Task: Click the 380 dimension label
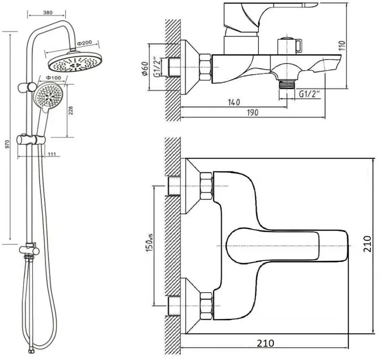pyautogui.click(x=47, y=12)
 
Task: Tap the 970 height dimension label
pyautogui.click(x=8, y=144)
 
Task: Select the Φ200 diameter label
pyautogui.click(x=84, y=43)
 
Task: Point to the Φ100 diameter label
pyautogui.click(x=53, y=78)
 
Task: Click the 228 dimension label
pyautogui.click(x=71, y=110)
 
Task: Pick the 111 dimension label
pyautogui.click(x=52, y=154)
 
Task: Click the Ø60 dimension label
pyautogui.click(x=145, y=68)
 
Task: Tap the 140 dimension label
pyautogui.click(x=234, y=102)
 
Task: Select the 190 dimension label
pyautogui.click(x=253, y=112)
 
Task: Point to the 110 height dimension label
pyautogui.click(x=342, y=45)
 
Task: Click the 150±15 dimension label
pyautogui.click(x=149, y=243)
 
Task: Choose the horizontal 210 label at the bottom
pyautogui.click(x=265, y=343)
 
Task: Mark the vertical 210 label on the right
pyautogui.click(x=367, y=243)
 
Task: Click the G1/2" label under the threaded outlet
pyautogui.click(x=309, y=94)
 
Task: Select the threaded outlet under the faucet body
pyautogui.click(x=287, y=85)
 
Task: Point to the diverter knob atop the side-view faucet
pyautogui.click(x=290, y=45)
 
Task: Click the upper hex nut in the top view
pyautogui.click(x=206, y=186)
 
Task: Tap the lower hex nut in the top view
pyautogui.click(x=206, y=306)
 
